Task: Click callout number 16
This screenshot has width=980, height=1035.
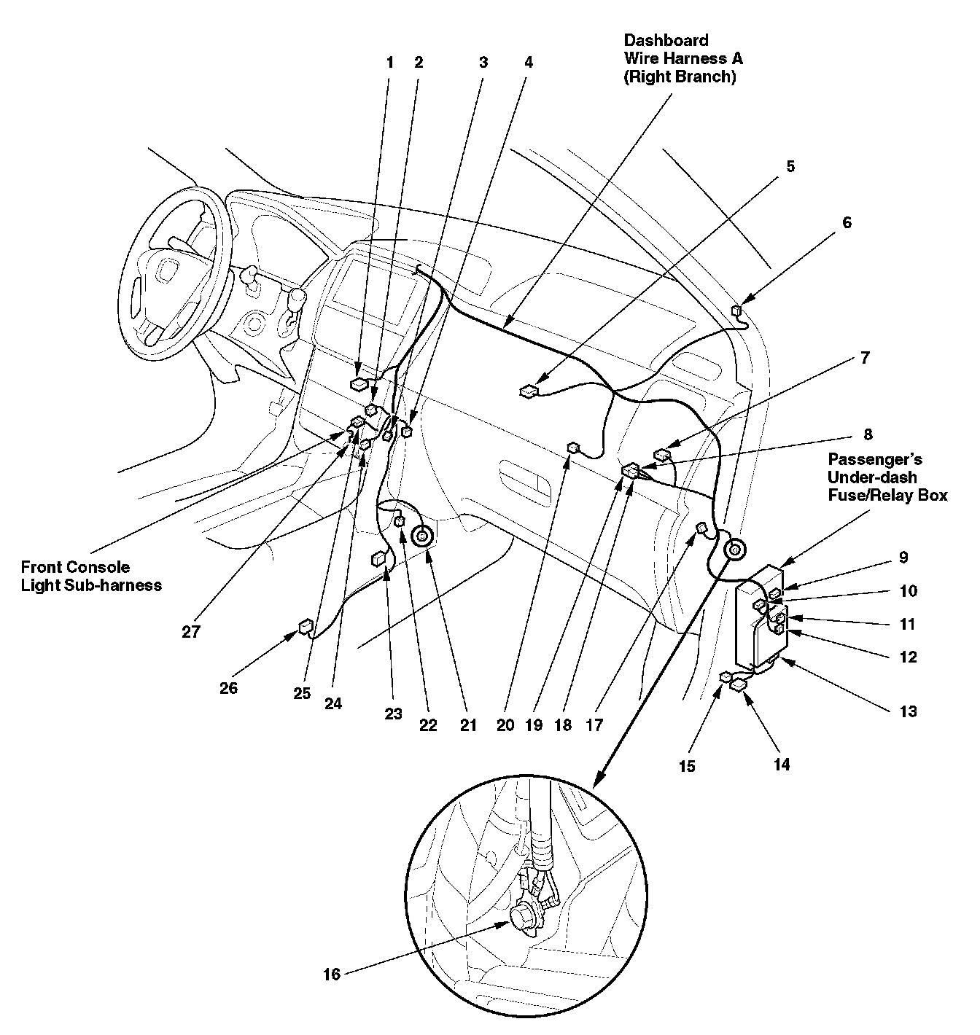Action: pyautogui.click(x=332, y=975)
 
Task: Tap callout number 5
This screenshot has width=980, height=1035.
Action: pyautogui.click(x=790, y=166)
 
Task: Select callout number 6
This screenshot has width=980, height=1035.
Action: pyautogui.click(x=847, y=223)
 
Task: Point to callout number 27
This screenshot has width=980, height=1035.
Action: pyautogui.click(x=191, y=632)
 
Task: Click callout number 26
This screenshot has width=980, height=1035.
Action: pyautogui.click(x=229, y=688)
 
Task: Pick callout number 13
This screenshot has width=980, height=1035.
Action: pyautogui.click(x=908, y=712)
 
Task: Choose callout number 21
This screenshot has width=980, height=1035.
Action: pyautogui.click(x=468, y=725)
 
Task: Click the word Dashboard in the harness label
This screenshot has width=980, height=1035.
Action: pyautogui.click(x=666, y=41)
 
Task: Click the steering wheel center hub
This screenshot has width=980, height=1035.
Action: pyautogui.click(x=166, y=274)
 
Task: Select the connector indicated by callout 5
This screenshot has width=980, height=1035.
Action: pyautogui.click(x=528, y=391)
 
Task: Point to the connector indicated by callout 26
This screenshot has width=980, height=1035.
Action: pyautogui.click(x=305, y=627)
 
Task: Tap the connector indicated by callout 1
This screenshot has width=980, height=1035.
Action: pyautogui.click(x=359, y=384)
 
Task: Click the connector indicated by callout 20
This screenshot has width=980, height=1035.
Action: pyautogui.click(x=572, y=448)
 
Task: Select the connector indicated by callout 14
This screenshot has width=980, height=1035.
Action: pyautogui.click(x=738, y=684)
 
